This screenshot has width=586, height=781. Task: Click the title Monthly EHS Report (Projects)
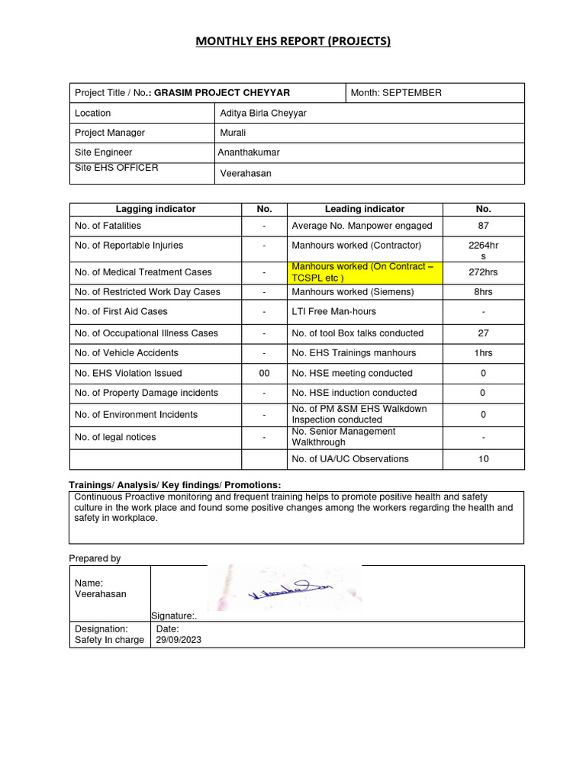293,41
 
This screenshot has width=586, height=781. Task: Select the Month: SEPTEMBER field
396,93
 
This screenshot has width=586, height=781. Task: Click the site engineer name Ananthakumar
249,153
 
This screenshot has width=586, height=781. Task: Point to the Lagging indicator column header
156,209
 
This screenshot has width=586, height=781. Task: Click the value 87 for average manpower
483,226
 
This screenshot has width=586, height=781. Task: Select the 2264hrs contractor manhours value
483,251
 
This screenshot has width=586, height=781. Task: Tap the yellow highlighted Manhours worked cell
362,272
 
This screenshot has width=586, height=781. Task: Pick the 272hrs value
483,272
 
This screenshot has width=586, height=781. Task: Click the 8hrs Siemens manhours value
483,292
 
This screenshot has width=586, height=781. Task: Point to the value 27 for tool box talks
483,333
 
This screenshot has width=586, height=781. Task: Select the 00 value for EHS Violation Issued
264,373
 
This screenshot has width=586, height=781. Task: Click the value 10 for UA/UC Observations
483,459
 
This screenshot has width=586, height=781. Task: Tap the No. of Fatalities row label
108,226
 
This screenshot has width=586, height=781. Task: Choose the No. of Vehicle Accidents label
126,353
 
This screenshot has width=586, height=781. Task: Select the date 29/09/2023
179,641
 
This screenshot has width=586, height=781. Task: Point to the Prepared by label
95,558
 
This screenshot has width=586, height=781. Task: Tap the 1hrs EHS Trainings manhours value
483,353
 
